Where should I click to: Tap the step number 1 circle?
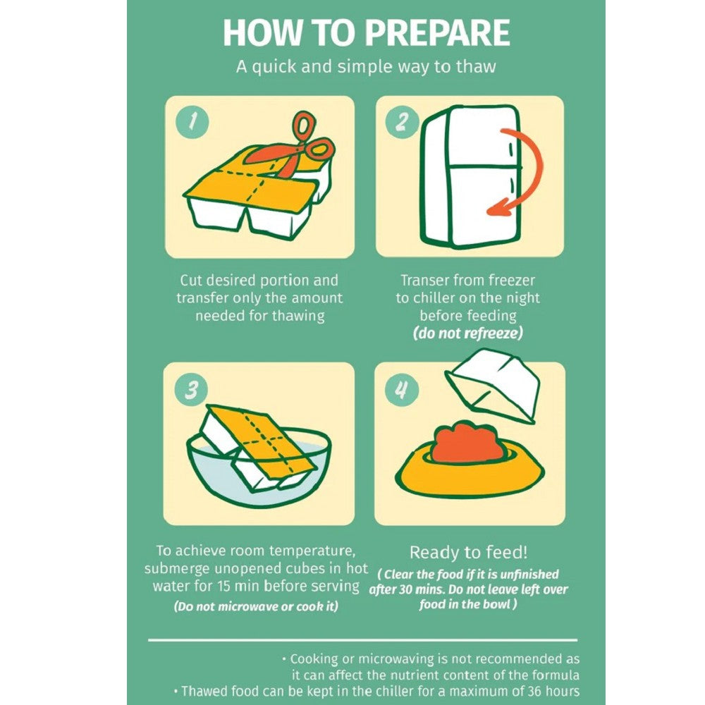192,121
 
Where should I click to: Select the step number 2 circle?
402,121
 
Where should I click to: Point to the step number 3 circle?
192,389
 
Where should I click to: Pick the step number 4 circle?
402,389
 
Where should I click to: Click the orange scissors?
295,148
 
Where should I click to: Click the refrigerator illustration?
470,176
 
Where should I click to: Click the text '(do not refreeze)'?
468,333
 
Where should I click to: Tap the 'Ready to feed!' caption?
468,552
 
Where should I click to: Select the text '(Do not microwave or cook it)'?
256,606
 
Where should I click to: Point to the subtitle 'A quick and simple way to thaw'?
366,66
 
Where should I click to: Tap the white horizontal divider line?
362,639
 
